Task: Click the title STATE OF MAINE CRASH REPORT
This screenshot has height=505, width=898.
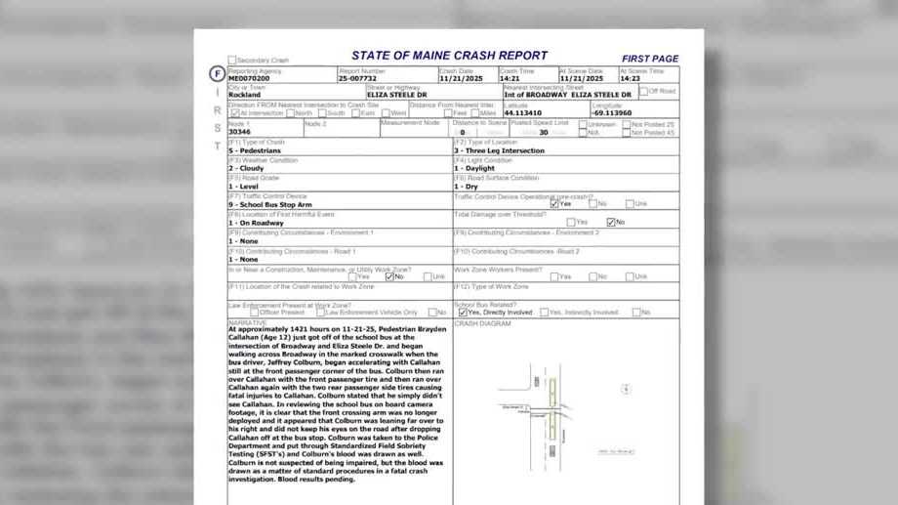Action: coord(449,57)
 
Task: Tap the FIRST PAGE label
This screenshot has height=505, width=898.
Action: coord(649,59)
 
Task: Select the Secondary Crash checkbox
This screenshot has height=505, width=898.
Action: coord(232,61)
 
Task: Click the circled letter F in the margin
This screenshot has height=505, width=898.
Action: coord(217,74)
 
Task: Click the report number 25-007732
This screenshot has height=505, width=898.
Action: coord(357,79)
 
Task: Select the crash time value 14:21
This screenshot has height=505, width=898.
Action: coord(510,79)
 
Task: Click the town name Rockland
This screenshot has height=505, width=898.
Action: coord(244,96)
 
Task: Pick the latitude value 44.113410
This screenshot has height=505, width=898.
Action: coord(522,113)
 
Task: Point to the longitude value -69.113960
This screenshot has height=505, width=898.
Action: coord(612,113)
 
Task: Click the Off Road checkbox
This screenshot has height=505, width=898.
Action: coord(644,92)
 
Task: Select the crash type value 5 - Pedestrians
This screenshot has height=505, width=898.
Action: coord(255,151)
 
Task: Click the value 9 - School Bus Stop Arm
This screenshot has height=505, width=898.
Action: coord(266,205)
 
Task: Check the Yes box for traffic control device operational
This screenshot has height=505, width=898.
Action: coord(554,204)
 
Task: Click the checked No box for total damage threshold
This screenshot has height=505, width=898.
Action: coord(611,223)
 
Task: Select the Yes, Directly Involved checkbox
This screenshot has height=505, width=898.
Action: coord(463,313)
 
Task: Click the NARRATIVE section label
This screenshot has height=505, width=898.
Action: coord(248,322)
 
